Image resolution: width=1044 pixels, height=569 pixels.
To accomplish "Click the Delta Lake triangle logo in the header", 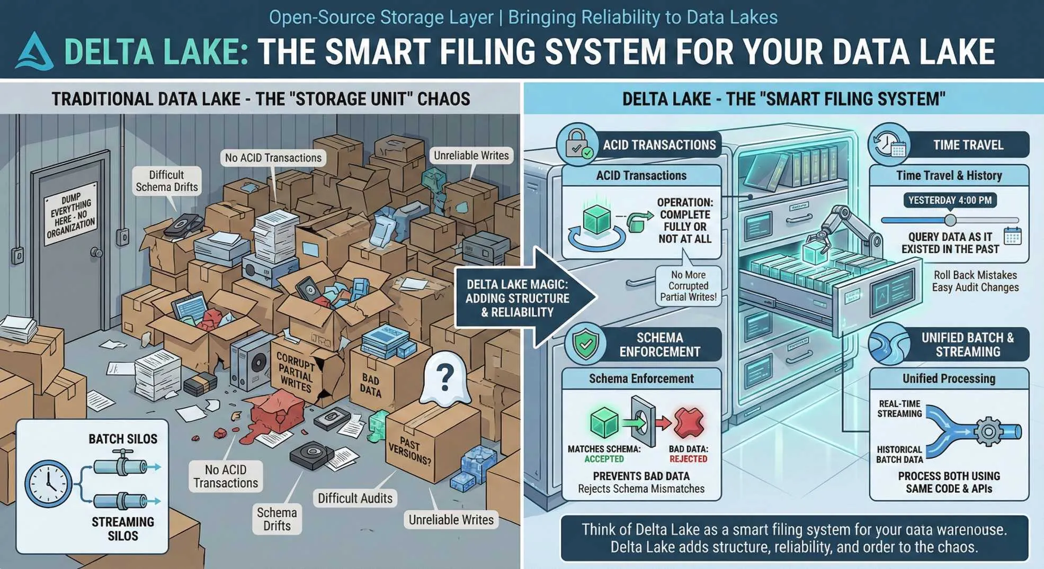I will click(x=34, y=52).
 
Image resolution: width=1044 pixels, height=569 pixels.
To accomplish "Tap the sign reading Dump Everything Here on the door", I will click(x=71, y=214).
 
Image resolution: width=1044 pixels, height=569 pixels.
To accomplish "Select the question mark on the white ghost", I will click(x=445, y=376).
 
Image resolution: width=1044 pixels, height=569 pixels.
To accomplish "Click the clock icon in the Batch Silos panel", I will click(x=48, y=483).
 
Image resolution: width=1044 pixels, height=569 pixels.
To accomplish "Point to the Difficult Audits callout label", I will click(x=355, y=498).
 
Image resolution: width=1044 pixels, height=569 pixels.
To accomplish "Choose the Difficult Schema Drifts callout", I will click(x=166, y=181).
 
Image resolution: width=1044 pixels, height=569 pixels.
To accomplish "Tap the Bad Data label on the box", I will click(x=371, y=386).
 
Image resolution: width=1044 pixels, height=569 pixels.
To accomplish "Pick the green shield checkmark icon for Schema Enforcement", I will click(x=585, y=345).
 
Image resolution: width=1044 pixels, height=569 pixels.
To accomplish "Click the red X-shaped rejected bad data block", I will click(x=689, y=422).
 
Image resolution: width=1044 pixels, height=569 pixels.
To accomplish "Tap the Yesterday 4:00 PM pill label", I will click(x=950, y=200).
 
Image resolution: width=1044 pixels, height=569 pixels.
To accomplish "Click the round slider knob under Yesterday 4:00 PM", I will click(x=950, y=220).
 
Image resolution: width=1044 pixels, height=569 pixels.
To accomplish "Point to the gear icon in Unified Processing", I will click(x=988, y=431).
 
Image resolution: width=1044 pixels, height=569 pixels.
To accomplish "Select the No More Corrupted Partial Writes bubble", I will click(x=688, y=286).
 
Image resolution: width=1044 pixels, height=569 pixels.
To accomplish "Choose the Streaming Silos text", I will click(x=122, y=529).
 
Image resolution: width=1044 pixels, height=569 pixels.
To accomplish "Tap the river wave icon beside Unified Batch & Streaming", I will click(x=889, y=345).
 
